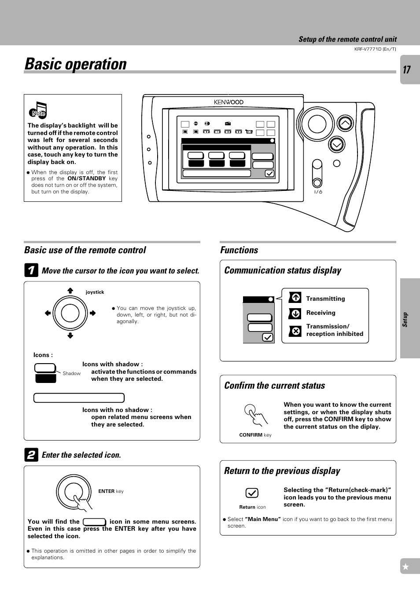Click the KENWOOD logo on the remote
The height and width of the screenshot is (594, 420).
coord(228,102)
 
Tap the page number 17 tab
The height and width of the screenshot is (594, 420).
coord(407,70)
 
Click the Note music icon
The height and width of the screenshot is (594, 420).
coord(38,110)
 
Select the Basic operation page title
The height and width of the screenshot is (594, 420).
coord(76,64)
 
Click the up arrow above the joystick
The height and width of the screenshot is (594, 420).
coord(70,291)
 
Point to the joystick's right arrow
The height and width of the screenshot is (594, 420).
coord(92,313)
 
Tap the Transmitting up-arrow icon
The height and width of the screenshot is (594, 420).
coord(295,298)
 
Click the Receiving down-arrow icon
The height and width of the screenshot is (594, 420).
coord(295,313)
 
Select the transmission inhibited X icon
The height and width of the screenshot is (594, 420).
coord(295,331)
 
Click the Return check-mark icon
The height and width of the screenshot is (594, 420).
coord(252,493)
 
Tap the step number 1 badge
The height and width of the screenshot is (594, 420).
coord(31,270)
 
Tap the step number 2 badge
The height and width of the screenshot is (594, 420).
coord(31,455)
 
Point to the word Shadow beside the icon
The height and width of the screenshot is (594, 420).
coord(71,373)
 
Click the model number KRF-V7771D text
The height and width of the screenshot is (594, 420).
coord(375,49)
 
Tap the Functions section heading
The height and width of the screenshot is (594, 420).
coord(239,250)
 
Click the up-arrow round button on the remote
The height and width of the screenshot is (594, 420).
coord(345,124)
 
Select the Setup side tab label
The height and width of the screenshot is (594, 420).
coord(405,320)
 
